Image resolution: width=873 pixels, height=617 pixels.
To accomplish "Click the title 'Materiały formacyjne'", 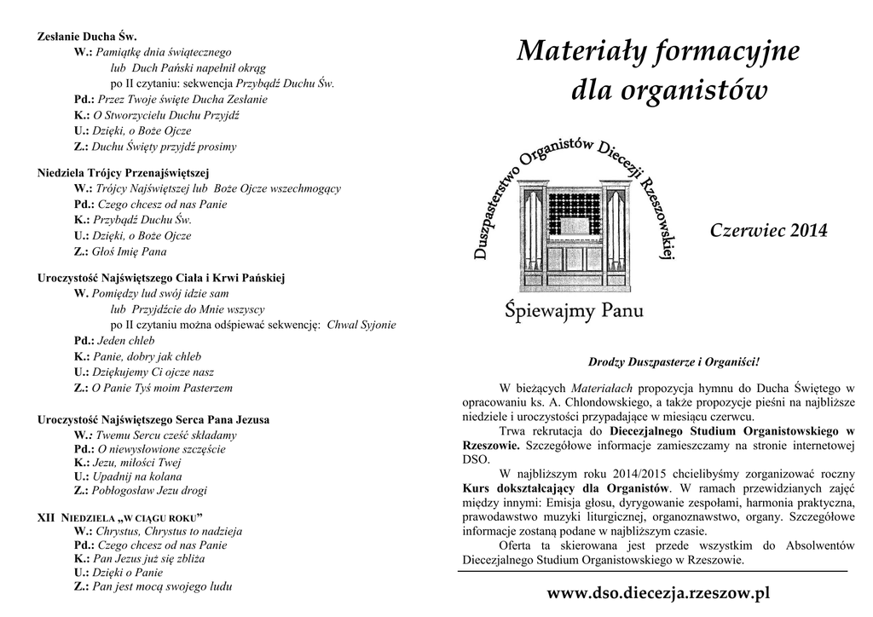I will pyautogui.click(x=657, y=53).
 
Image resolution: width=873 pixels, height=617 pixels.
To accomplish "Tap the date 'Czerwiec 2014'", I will pyautogui.click(x=768, y=231).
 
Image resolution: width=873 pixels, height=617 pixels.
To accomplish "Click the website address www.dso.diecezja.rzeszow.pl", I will pyautogui.click(x=657, y=592).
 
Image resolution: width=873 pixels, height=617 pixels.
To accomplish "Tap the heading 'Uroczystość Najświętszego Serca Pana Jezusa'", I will pyautogui.click(x=153, y=419).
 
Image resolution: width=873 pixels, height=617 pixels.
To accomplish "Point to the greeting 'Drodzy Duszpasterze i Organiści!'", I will pyautogui.click(x=674, y=362).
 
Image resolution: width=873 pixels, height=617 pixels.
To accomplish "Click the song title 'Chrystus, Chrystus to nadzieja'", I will pyautogui.click(x=169, y=531).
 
